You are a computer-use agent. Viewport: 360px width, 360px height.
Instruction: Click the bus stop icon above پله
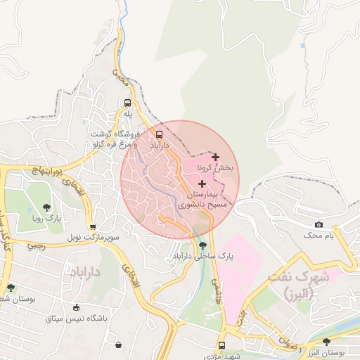127,101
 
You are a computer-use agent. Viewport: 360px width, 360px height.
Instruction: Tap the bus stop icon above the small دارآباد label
159,133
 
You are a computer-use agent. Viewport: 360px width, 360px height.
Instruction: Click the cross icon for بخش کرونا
215,157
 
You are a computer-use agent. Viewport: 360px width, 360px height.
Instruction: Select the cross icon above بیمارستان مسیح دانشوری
202,183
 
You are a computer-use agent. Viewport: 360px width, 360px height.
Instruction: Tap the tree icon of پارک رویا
46,207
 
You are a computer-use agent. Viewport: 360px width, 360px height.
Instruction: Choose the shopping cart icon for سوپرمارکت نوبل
93,227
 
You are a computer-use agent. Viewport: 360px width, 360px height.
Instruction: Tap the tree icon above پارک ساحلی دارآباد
203,245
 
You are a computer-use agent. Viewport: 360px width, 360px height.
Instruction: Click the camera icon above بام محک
319,224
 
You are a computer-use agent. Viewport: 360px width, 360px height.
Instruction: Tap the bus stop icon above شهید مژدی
222,345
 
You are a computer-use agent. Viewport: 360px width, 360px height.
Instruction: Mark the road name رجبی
34,246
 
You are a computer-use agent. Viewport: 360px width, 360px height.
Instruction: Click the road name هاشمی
212,284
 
